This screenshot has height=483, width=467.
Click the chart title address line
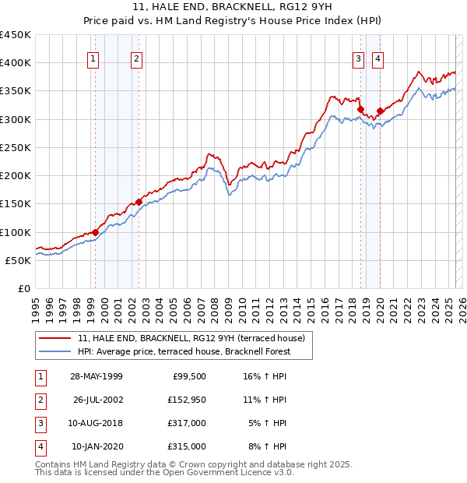233,7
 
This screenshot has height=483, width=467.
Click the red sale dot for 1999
96,232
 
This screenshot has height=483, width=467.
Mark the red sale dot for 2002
139,202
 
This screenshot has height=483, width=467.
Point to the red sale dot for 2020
380,111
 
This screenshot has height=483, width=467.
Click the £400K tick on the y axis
16,63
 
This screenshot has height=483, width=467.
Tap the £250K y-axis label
16,147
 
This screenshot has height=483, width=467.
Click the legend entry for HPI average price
184,351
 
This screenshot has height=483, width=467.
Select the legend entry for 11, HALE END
195,338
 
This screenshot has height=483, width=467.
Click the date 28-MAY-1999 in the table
96,376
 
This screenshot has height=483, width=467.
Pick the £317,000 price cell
186,423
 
